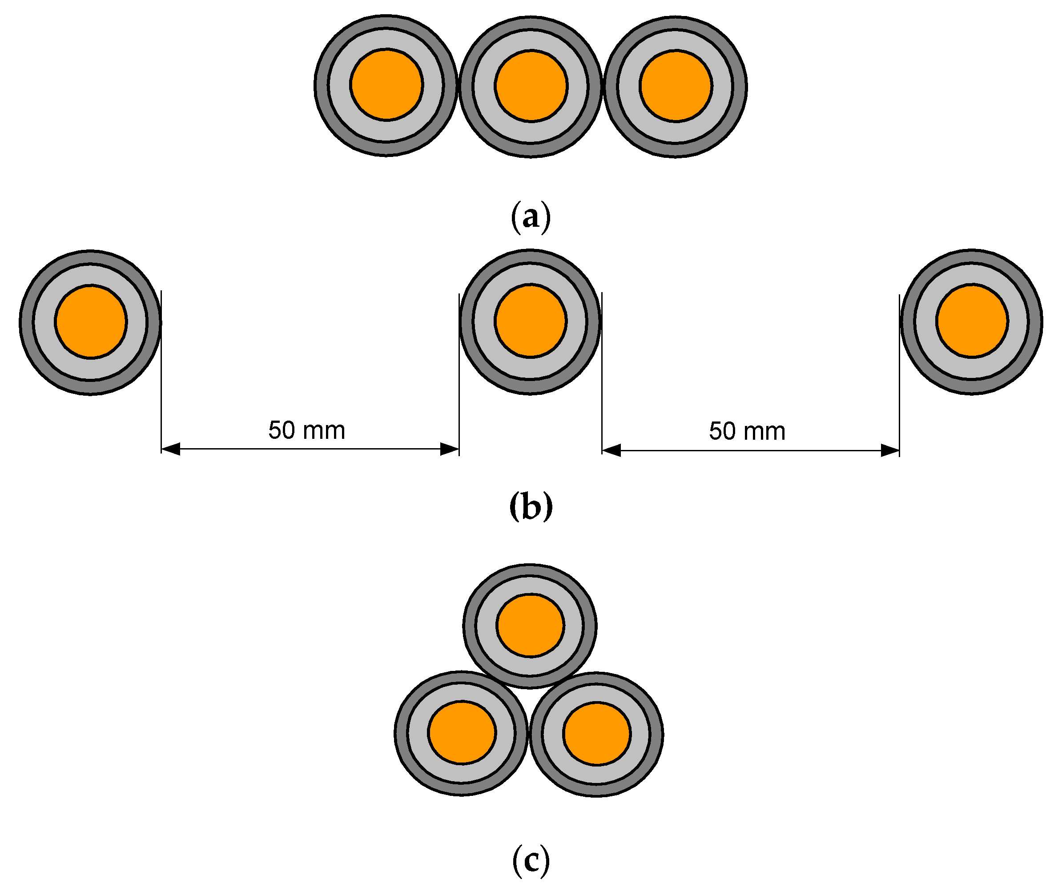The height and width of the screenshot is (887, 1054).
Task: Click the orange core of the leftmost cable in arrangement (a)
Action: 386,84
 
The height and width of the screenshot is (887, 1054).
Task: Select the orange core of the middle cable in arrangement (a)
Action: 531,85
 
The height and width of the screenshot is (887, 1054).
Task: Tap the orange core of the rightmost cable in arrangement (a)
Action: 676,85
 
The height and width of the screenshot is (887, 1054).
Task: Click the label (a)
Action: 531,217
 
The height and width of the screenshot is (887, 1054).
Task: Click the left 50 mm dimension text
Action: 307,430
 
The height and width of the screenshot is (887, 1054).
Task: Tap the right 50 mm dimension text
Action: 747,431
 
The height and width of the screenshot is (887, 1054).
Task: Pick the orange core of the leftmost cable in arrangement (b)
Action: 91,321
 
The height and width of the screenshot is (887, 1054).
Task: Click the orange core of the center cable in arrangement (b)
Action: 531,321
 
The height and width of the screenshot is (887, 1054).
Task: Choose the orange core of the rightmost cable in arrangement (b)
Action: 972,321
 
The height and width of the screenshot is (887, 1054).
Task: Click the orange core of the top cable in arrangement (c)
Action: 530,625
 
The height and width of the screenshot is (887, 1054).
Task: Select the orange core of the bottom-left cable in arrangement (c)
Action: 462,733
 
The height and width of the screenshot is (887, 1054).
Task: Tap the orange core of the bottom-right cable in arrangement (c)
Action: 596,734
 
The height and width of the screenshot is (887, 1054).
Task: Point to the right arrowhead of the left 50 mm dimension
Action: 450,449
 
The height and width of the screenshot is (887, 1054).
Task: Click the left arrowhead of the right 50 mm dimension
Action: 611,450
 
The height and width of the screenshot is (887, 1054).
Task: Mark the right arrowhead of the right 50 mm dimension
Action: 890,450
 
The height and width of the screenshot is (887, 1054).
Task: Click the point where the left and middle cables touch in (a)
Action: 458,86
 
